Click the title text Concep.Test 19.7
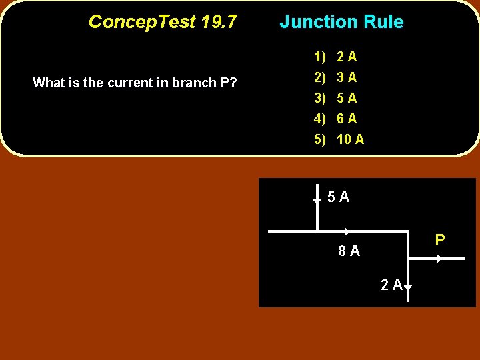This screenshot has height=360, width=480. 162,22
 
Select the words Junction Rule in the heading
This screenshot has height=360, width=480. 341,22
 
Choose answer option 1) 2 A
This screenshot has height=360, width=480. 337,57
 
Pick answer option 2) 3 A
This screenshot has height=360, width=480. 337,77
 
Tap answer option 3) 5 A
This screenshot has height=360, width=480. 337,98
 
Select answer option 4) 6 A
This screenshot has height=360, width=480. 337,119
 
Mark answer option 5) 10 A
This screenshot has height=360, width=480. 339,139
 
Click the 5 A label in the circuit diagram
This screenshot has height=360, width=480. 338,197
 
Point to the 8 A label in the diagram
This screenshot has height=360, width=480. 349,251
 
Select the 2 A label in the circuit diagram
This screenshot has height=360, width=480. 391,285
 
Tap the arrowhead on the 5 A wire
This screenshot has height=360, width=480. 317,200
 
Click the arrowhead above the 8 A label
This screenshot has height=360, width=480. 347,231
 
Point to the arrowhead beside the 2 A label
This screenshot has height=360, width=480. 407,287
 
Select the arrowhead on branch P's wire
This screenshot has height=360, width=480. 439,258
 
